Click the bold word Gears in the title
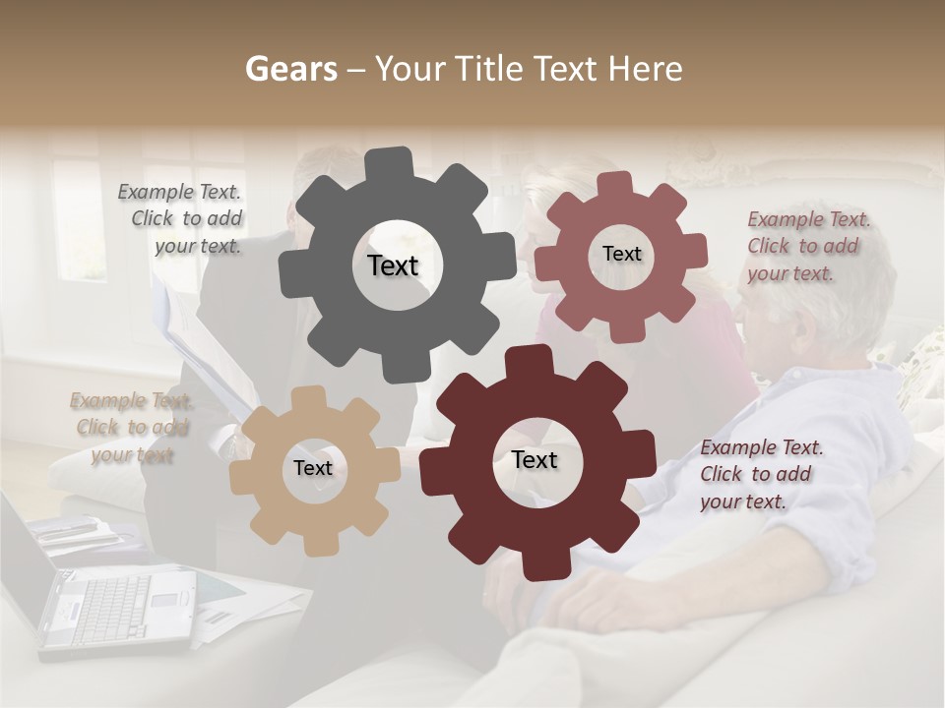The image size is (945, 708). [x=290, y=69]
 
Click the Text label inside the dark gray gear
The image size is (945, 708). [x=393, y=265]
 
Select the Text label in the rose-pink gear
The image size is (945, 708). [x=621, y=254]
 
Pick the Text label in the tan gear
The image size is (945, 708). [x=313, y=468]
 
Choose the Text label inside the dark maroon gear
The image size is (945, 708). [x=535, y=459]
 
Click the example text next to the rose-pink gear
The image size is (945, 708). [x=807, y=246]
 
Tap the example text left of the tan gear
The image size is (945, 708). [x=131, y=427]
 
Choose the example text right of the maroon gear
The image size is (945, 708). [x=760, y=474]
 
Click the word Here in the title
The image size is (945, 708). [x=645, y=69]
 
